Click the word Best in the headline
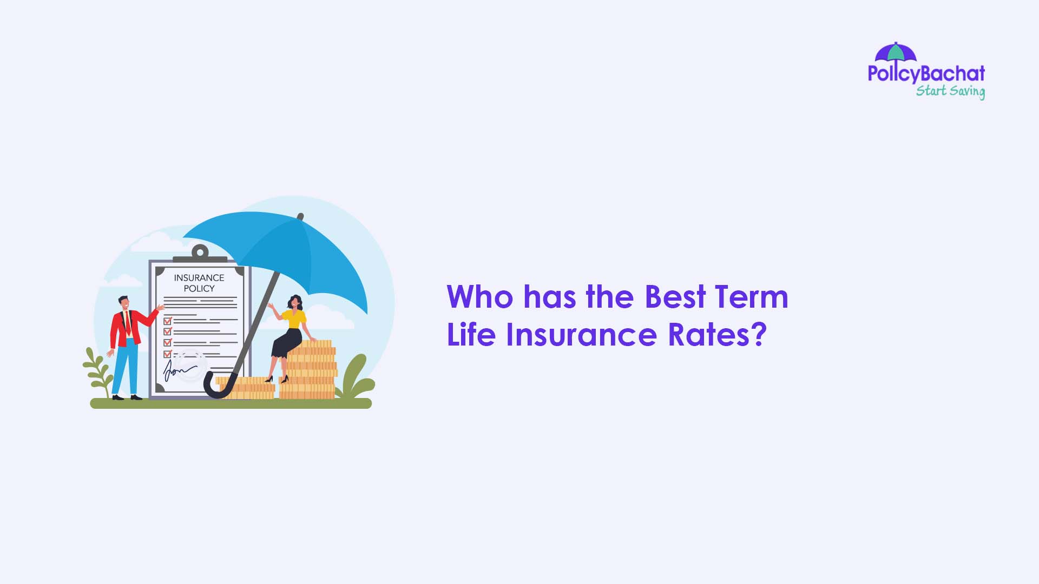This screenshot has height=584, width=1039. point(675,297)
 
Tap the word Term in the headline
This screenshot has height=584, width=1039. point(751,297)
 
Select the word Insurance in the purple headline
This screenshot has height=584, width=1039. point(581,335)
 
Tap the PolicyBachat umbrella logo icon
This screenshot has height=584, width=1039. point(896,52)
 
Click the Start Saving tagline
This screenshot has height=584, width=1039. point(950,91)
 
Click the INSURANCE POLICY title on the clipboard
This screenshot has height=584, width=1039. point(199,283)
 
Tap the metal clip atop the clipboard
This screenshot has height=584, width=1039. point(200,253)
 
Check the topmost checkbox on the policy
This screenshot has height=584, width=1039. point(167,321)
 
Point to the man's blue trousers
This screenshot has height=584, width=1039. point(125,368)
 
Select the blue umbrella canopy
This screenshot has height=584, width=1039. point(292,249)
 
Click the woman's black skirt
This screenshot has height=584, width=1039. point(287,343)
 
